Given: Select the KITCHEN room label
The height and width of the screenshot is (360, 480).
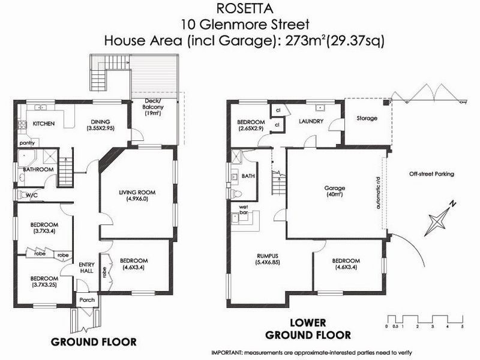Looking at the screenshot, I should pos(44,124).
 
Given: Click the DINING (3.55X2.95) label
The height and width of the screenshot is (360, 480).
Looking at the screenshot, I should pos(100,124).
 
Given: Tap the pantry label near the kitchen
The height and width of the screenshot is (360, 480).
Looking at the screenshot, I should pos(26,143).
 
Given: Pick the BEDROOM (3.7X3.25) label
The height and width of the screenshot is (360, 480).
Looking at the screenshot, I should pos(44,282).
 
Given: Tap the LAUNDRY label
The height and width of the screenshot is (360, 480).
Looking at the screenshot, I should pos(311,121).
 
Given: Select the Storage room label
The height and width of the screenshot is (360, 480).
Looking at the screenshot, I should pos(367,118).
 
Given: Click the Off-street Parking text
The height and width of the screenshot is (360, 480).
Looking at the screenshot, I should pos(431,174).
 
